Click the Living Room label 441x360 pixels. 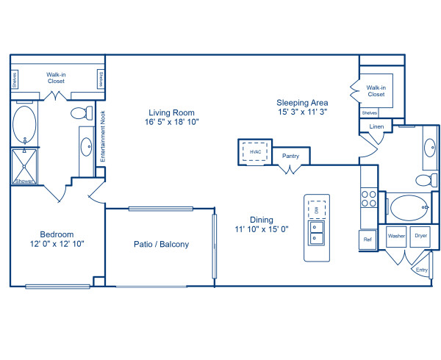171,112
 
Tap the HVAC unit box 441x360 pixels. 255,152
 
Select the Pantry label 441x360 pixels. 290,156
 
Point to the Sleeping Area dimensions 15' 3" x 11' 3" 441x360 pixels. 302,112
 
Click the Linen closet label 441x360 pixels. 376,127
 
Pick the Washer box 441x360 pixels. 396,236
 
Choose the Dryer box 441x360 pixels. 420,236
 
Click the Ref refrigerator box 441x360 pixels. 367,239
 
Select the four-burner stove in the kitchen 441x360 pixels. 367,199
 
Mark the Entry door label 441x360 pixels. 422,270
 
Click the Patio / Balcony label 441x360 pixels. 161,245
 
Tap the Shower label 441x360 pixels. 25,180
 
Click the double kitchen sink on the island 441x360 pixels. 317,234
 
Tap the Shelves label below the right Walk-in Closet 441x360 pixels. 370,112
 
